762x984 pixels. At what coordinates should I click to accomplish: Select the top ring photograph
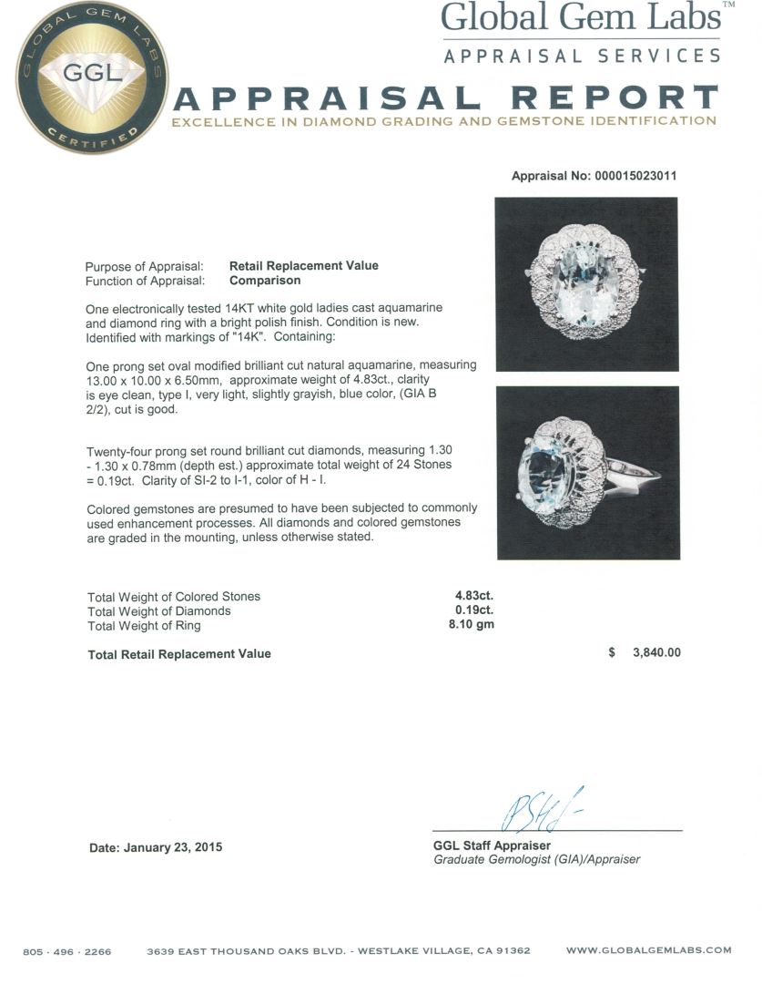[x=586, y=284]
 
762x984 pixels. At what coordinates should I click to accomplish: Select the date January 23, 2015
[x=156, y=847]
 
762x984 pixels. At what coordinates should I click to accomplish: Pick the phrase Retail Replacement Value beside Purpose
[x=304, y=266]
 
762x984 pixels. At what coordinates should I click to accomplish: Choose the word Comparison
[x=265, y=281]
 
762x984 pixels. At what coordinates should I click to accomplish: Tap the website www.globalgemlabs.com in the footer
[x=648, y=950]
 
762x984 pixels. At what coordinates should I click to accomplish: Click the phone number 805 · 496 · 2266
[x=67, y=951]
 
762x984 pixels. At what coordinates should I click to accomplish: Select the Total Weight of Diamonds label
[x=159, y=611]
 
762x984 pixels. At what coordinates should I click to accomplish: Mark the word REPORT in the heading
[x=614, y=98]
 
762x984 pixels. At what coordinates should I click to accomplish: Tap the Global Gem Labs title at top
[x=581, y=18]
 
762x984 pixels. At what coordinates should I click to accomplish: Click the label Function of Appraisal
[x=151, y=281]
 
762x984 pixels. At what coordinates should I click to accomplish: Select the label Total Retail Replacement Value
[x=179, y=653]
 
